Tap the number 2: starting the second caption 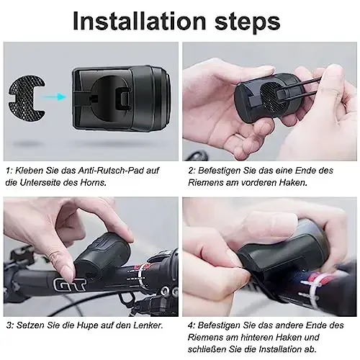coord(191,171)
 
